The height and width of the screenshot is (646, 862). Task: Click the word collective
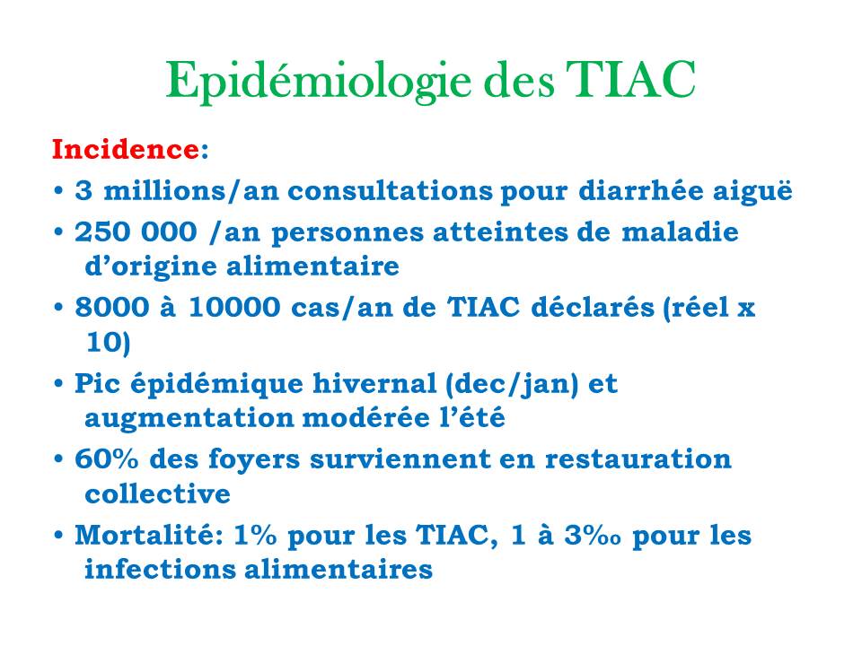tap(157, 494)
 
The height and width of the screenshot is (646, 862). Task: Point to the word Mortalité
tap(148, 536)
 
